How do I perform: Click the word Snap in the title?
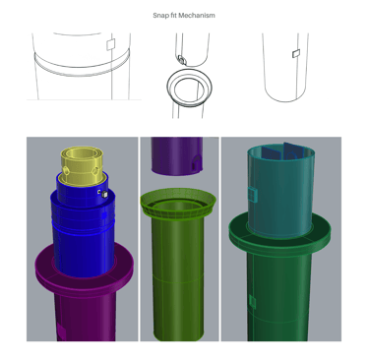point(160,16)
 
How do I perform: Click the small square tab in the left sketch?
point(111,44)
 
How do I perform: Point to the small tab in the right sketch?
point(296,53)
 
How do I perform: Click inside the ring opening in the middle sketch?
point(188,90)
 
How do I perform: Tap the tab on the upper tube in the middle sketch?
point(181,60)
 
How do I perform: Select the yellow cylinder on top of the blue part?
point(82,165)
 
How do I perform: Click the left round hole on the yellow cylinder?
point(67,170)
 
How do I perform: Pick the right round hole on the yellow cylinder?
point(96,170)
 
